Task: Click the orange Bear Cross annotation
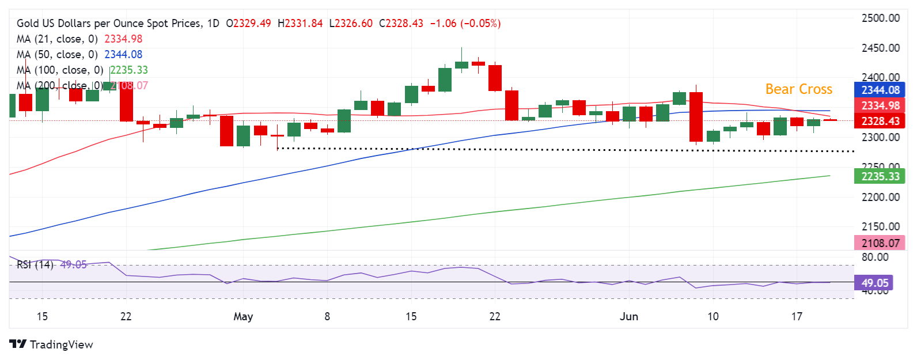tap(798, 89)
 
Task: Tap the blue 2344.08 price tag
tap(880, 90)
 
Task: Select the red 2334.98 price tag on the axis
tap(880, 106)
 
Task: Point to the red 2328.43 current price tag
tap(880, 121)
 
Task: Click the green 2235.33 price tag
tap(880, 176)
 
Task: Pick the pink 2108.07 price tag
tap(880, 243)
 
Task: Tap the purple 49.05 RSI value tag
tap(875, 283)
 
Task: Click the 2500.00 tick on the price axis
tap(880, 18)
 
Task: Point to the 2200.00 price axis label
tap(880, 197)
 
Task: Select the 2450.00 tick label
tap(880, 48)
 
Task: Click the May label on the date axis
tap(243, 316)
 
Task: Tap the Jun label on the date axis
tap(629, 316)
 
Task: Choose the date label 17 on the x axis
tap(797, 316)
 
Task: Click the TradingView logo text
tap(61, 344)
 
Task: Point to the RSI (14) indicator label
tap(35, 265)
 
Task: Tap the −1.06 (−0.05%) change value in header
tap(465, 24)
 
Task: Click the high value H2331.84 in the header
tap(300, 24)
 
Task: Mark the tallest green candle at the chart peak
tap(445, 79)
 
